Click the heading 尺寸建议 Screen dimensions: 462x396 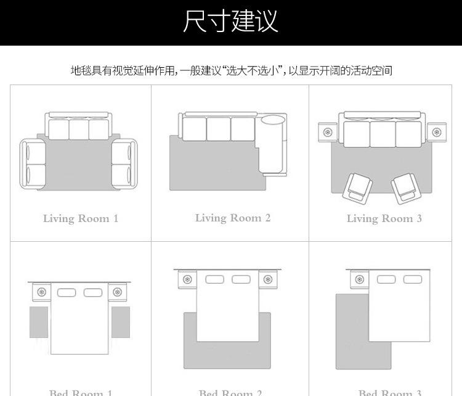coord(231,22)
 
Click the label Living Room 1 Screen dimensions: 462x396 coord(80,218)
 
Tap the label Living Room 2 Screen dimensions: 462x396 coord(233,218)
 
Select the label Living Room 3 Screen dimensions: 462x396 coord(384,218)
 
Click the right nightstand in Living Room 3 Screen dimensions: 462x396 coord(437,131)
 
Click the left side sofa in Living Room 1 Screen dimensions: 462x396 coord(33,163)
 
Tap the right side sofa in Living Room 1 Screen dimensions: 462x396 coord(124,163)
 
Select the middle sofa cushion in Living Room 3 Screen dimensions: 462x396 coord(382,134)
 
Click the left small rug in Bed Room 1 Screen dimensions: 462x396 coord(39,322)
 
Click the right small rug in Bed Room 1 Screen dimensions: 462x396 coord(120,322)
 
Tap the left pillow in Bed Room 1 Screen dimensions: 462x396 coord(67,292)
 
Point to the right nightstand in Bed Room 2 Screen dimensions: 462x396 coord(268,279)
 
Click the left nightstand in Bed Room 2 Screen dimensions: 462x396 coord(185,279)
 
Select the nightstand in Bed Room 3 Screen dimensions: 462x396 coord(358,279)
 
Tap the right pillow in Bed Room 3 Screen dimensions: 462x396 coord(412,279)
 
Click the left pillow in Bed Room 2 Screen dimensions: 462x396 coord(214,279)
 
